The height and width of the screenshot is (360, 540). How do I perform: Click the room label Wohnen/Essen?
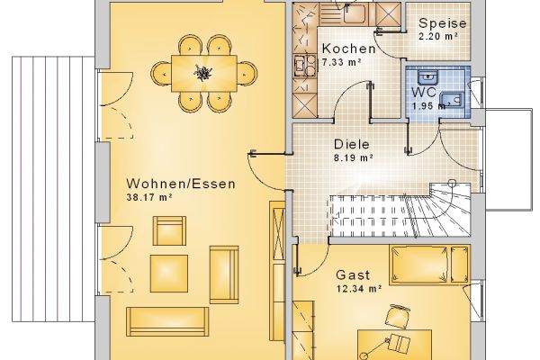(181, 184)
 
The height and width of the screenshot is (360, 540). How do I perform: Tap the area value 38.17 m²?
(149, 197)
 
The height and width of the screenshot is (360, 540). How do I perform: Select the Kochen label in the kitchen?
(348, 49)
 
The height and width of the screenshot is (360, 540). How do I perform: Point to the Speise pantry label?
(443, 23)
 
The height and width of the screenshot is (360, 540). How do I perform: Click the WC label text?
(424, 93)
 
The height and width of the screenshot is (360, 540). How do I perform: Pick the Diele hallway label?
(352, 144)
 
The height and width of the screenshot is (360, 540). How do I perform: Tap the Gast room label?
(353, 274)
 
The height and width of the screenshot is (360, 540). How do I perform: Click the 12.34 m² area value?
(358, 288)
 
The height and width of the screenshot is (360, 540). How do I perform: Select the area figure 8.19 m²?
(354, 157)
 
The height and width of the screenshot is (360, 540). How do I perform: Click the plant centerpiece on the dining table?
(203, 73)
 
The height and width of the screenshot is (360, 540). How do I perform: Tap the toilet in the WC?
(452, 101)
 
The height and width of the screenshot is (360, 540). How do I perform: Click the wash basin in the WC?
(427, 77)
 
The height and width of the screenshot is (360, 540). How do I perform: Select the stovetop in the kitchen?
(304, 66)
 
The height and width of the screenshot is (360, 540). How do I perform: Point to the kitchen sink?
(355, 13)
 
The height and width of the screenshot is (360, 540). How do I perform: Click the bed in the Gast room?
(429, 265)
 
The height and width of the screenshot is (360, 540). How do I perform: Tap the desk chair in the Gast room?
(397, 316)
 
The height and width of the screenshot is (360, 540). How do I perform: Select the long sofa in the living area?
(167, 322)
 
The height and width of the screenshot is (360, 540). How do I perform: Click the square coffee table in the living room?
(169, 274)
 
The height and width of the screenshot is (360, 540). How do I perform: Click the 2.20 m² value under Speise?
(438, 36)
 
